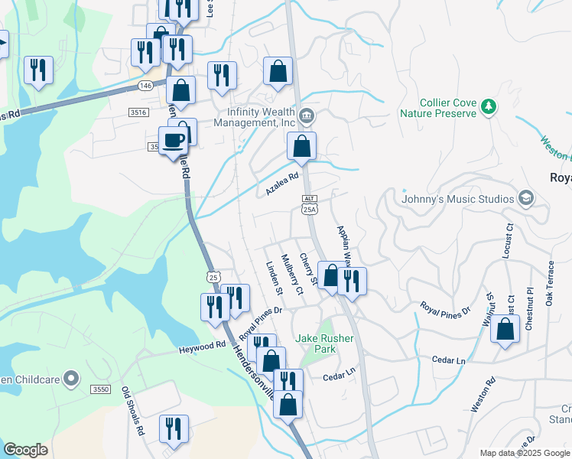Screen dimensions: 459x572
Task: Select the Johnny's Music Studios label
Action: (x=459, y=200)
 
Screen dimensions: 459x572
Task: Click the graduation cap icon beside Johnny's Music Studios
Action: (x=526, y=199)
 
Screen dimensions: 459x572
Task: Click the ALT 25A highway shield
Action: (x=309, y=203)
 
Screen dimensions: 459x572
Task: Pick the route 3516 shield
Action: (x=138, y=112)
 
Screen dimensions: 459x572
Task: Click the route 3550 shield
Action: (x=100, y=389)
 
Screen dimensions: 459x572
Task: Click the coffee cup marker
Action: (x=174, y=141)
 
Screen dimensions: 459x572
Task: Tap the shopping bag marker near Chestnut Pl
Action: (x=504, y=330)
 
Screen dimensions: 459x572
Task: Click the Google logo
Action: (x=25, y=450)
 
